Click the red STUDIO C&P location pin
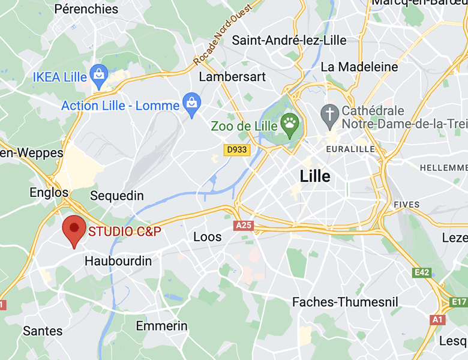point(74,229)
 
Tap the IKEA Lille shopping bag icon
point(98,75)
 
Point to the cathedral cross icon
point(329,112)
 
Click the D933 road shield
point(236,150)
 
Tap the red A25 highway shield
point(243,224)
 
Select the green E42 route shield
point(422,272)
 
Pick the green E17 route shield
point(459,301)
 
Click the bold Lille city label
point(315,176)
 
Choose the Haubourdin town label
point(118,261)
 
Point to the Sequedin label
point(117,196)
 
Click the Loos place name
point(208,237)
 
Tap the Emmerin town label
point(162,326)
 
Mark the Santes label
point(43,331)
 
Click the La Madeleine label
point(359,67)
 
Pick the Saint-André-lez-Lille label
point(290,40)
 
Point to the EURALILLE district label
point(350,148)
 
